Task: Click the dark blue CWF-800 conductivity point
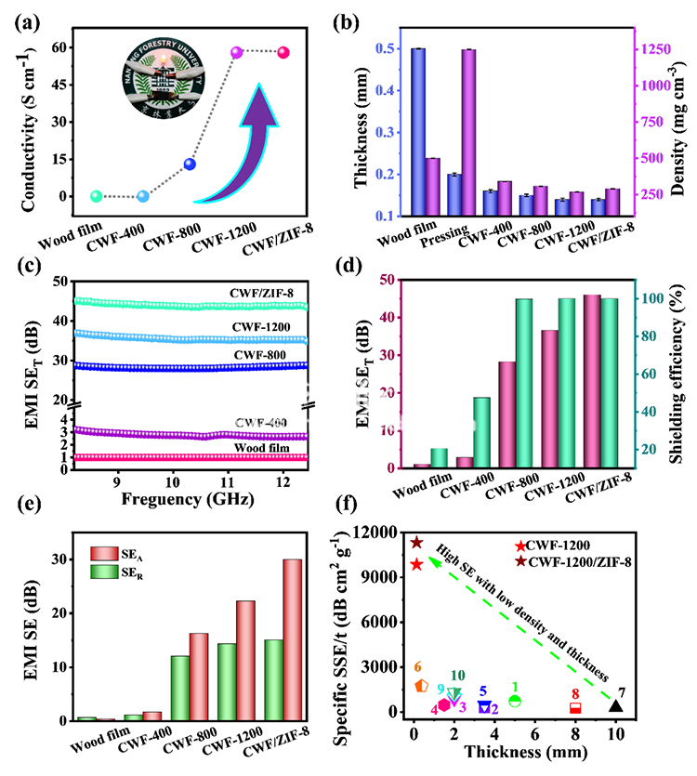(190, 164)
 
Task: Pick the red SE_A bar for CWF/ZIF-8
(292, 639)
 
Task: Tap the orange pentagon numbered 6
(421, 685)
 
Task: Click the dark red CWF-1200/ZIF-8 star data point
(417, 542)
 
